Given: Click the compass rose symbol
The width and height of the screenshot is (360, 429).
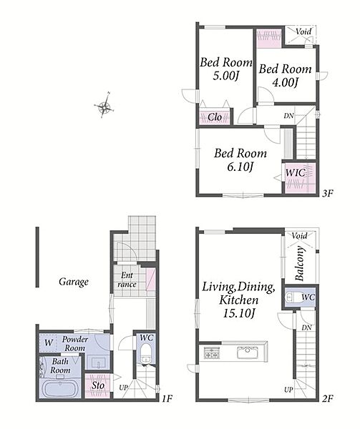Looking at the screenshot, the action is click(x=104, y=106).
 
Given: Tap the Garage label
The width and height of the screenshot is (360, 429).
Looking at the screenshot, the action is click(x=74, y=282).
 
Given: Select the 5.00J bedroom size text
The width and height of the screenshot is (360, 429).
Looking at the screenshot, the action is click(x=226, y=76).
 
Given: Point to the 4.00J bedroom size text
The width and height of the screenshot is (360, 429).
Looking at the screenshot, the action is click(x=285, y=82).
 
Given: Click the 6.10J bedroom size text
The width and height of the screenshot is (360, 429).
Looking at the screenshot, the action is click(x=240, y=167).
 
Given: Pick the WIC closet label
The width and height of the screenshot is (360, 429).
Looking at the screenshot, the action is click(x=296, y=173).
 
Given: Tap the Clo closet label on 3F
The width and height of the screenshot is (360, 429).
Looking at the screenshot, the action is click(x=215, y=117).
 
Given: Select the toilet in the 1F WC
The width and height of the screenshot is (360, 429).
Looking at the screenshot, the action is click(x=146, y=353).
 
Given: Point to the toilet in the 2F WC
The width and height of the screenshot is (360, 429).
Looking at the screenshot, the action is click(x=292, y=297).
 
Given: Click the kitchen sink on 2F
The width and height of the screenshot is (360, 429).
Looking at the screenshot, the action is click(x=248, y=352).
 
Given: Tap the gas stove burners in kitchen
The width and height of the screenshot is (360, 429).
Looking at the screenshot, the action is click(x=212, y=352).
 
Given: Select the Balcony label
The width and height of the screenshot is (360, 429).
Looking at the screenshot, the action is click(x=299, y=264).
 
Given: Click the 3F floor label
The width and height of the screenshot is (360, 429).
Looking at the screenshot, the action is click(x=327, y=194).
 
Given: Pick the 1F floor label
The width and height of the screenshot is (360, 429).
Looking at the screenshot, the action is click(x=167, y=398).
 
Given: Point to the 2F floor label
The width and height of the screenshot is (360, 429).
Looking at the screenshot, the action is click(x=327, y=398).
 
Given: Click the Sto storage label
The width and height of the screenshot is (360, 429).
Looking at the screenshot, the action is click(x=98, y=386).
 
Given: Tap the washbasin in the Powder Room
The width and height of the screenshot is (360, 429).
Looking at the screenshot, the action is click(x=98, y=363).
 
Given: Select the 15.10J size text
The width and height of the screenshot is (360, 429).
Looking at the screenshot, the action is click(x=239, y=314).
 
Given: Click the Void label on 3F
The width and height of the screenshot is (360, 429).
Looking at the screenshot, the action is click(x=303, y=31).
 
